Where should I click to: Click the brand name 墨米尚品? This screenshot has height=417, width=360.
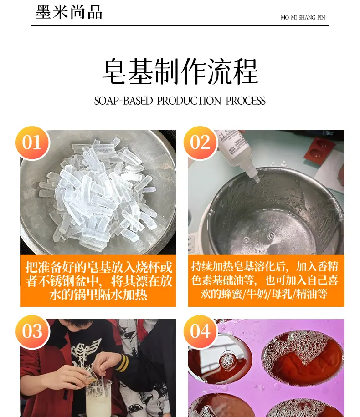click(x=69, y=12)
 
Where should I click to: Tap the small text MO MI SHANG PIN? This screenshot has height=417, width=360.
click(x=303, y=18)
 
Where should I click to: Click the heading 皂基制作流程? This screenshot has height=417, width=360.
click(x=180, y=71)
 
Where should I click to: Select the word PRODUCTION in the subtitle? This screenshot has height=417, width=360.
click(x=189, y=101)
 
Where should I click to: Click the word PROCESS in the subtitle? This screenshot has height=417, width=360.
click(x=246, y=101)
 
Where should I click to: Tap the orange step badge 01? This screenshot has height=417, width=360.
click(x=32, y=142)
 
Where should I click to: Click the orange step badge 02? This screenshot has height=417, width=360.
click(x=200, y=142)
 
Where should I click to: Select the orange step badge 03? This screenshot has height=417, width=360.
click(x=32, y=331)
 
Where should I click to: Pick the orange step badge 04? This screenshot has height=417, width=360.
click(x=200, y=331)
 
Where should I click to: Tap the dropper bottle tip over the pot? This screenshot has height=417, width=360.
click(x=256, y=179)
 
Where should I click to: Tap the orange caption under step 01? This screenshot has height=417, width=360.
click(x=98, y=281)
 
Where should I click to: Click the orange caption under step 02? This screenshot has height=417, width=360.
click(x=266, y=281)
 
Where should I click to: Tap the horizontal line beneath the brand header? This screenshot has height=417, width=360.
click(x=180, y=26)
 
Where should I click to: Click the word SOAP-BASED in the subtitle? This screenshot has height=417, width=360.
click(x=123, y=101)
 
